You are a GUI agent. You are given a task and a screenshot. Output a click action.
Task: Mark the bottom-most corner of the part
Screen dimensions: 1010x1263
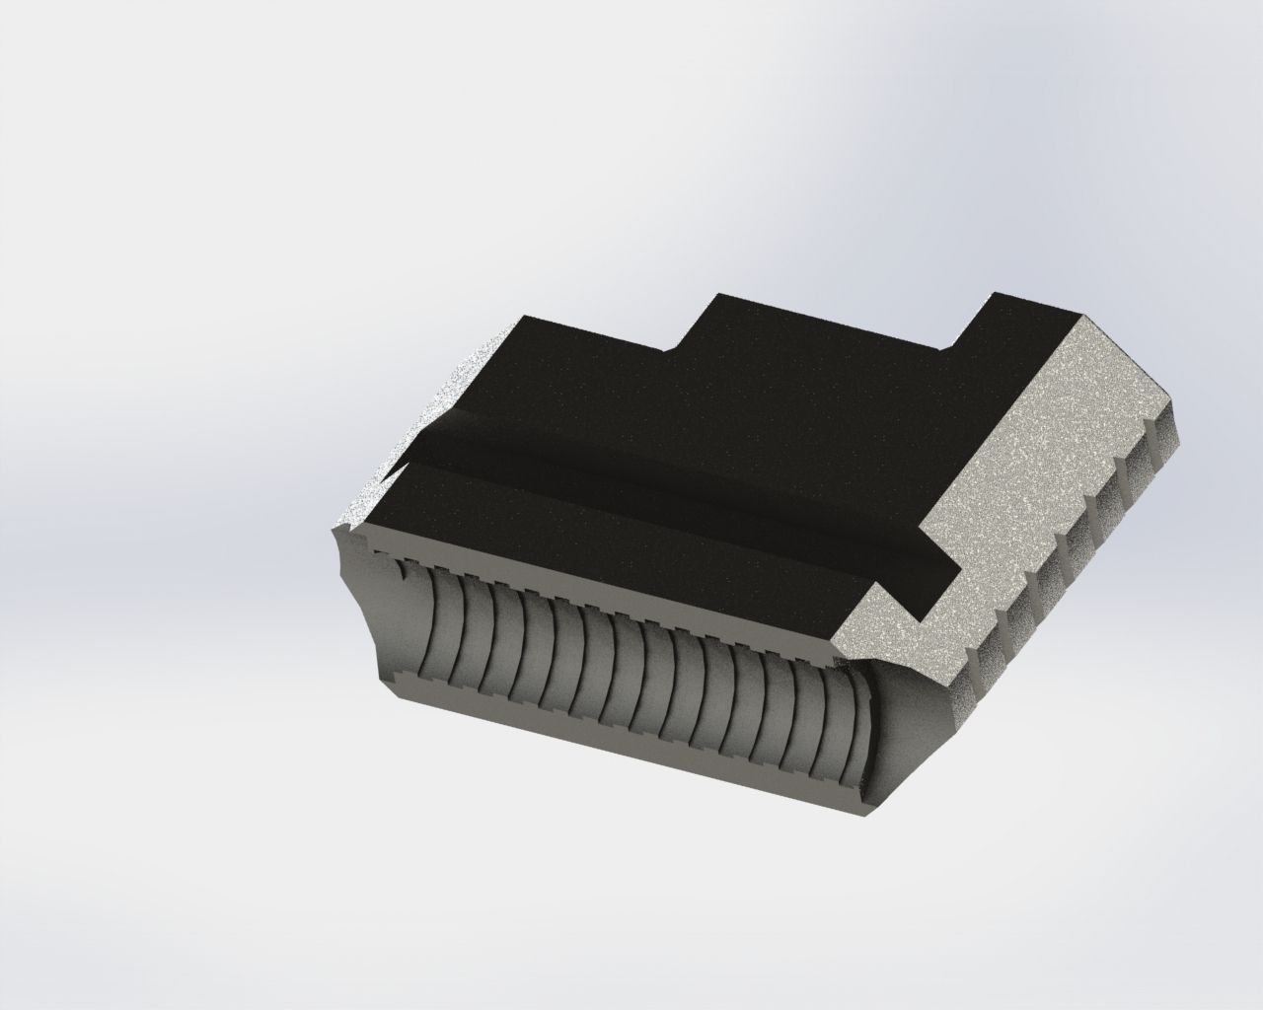point(868,816)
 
